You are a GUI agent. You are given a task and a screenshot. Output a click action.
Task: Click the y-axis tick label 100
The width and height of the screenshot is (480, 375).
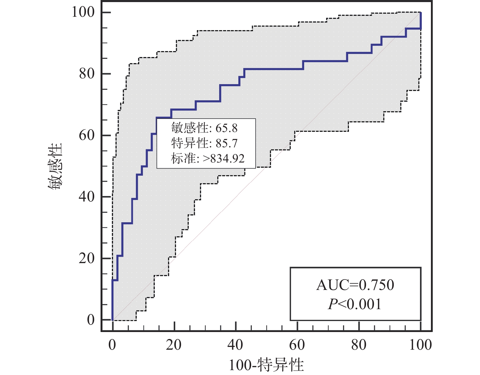click(x=83, y=12)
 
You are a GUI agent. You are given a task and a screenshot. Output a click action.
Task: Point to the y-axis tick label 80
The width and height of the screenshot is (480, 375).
click(x=87, y=73)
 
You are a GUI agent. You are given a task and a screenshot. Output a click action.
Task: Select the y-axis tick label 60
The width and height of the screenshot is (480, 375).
click(x=87, y=135)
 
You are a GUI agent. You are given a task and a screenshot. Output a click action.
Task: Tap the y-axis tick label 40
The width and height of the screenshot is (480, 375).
click(x=87, y=197)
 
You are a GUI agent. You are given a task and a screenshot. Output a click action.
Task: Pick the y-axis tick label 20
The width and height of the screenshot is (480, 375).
click(x=87, y=258)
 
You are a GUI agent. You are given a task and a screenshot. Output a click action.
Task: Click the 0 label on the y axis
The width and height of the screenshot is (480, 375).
click(x=91, y=320)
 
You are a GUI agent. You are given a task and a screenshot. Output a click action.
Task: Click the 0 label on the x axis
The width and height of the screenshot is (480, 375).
click(x=112, y=345)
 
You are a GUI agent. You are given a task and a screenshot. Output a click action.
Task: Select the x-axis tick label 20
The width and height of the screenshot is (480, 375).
click(x=174, y=345)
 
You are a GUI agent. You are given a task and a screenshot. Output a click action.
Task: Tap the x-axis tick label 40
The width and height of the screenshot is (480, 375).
click(x=235, y=345)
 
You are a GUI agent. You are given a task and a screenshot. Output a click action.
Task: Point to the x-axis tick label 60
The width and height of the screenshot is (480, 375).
click(x=297, y=345)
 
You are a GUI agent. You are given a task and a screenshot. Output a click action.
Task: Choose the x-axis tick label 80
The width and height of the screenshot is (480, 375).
click(x=359, y=345)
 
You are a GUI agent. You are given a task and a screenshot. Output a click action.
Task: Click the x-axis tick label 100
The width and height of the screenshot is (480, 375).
click(x=420, y=345)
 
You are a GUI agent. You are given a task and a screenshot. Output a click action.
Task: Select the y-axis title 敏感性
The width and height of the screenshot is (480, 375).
click(x=55, y=166)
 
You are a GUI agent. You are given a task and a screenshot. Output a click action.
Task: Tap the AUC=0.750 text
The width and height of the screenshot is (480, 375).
click(x=355, y=285)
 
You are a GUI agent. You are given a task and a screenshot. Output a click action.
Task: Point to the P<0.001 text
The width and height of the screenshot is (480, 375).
click(x=355, y=304)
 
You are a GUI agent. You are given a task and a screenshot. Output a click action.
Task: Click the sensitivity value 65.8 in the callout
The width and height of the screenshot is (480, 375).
click(x=226, y=128)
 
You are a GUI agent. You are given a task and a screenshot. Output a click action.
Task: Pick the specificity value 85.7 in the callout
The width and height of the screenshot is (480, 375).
click(x=226, y=143)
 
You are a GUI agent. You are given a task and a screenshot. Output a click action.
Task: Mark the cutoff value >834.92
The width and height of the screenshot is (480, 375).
click(x=224, y=158)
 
